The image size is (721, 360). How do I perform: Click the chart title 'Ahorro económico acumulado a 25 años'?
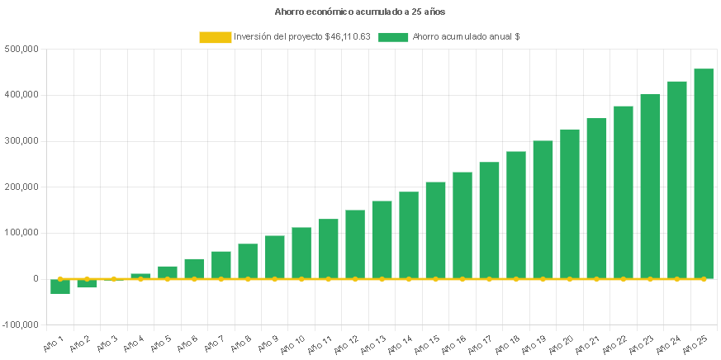(359, 12)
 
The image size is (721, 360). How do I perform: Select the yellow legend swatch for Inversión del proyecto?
(214, 36)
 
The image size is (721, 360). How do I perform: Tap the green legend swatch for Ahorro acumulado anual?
(393, 36)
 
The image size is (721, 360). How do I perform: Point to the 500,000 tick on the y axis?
(23, 49)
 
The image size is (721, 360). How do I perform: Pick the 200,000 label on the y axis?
(23, 187)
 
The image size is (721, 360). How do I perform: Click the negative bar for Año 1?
(60, 287)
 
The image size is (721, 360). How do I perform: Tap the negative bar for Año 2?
(87, 283)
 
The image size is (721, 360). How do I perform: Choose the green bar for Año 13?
(382, 239)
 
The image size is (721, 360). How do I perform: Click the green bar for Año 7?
(221, 265)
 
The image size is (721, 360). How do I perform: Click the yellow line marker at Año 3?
(114, 279)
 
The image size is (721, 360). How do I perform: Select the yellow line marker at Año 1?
(60, 279)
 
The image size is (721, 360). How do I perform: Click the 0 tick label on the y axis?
(36, 279)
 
